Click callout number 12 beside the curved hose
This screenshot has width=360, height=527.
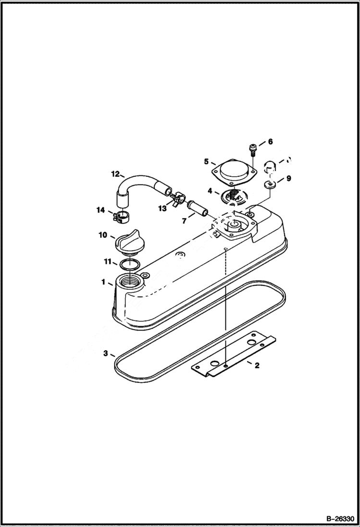click(x=115, y=173)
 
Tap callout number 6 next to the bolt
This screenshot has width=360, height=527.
click(x=270, y=142)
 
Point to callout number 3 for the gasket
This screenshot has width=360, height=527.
click(x=105, y=354)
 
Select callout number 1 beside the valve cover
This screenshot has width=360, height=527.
click(x=103, y=282)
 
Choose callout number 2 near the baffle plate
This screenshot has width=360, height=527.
click(x=257, y=366)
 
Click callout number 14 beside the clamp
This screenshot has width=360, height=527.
click(x=100, y=209)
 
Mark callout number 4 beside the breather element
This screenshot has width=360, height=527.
click(x=210, y=191)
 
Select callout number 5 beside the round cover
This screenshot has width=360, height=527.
click(x=206, y=161)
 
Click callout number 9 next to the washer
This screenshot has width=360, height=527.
click(x=288, y=179)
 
